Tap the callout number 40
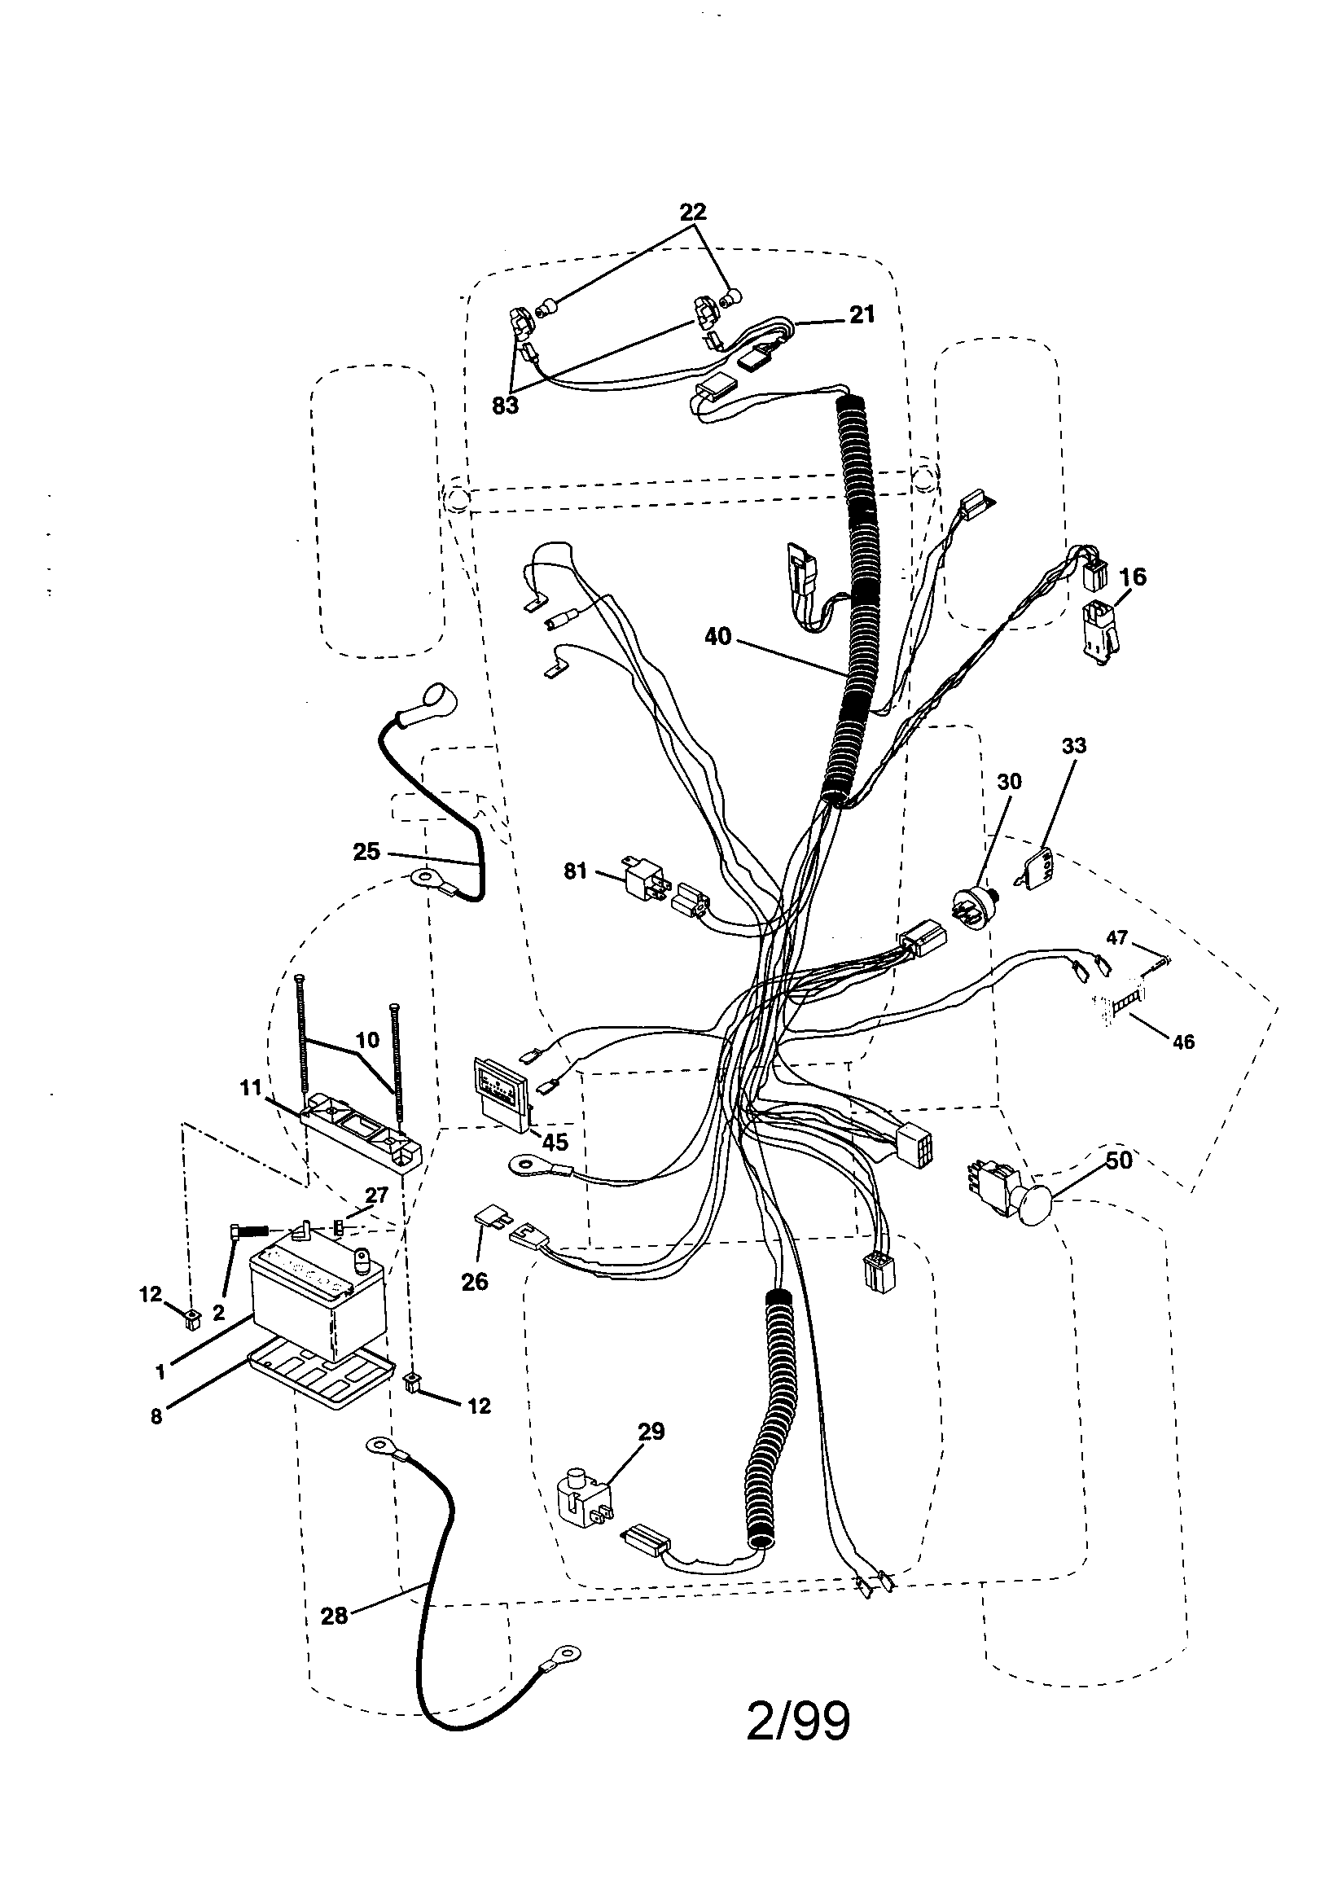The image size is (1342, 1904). click(717, 637)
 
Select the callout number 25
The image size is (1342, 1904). click(366, 852)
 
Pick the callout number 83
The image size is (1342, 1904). click(504, 406)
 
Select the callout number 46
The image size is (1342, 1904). click(1182, 1042)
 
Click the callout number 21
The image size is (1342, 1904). click(862, 315)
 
